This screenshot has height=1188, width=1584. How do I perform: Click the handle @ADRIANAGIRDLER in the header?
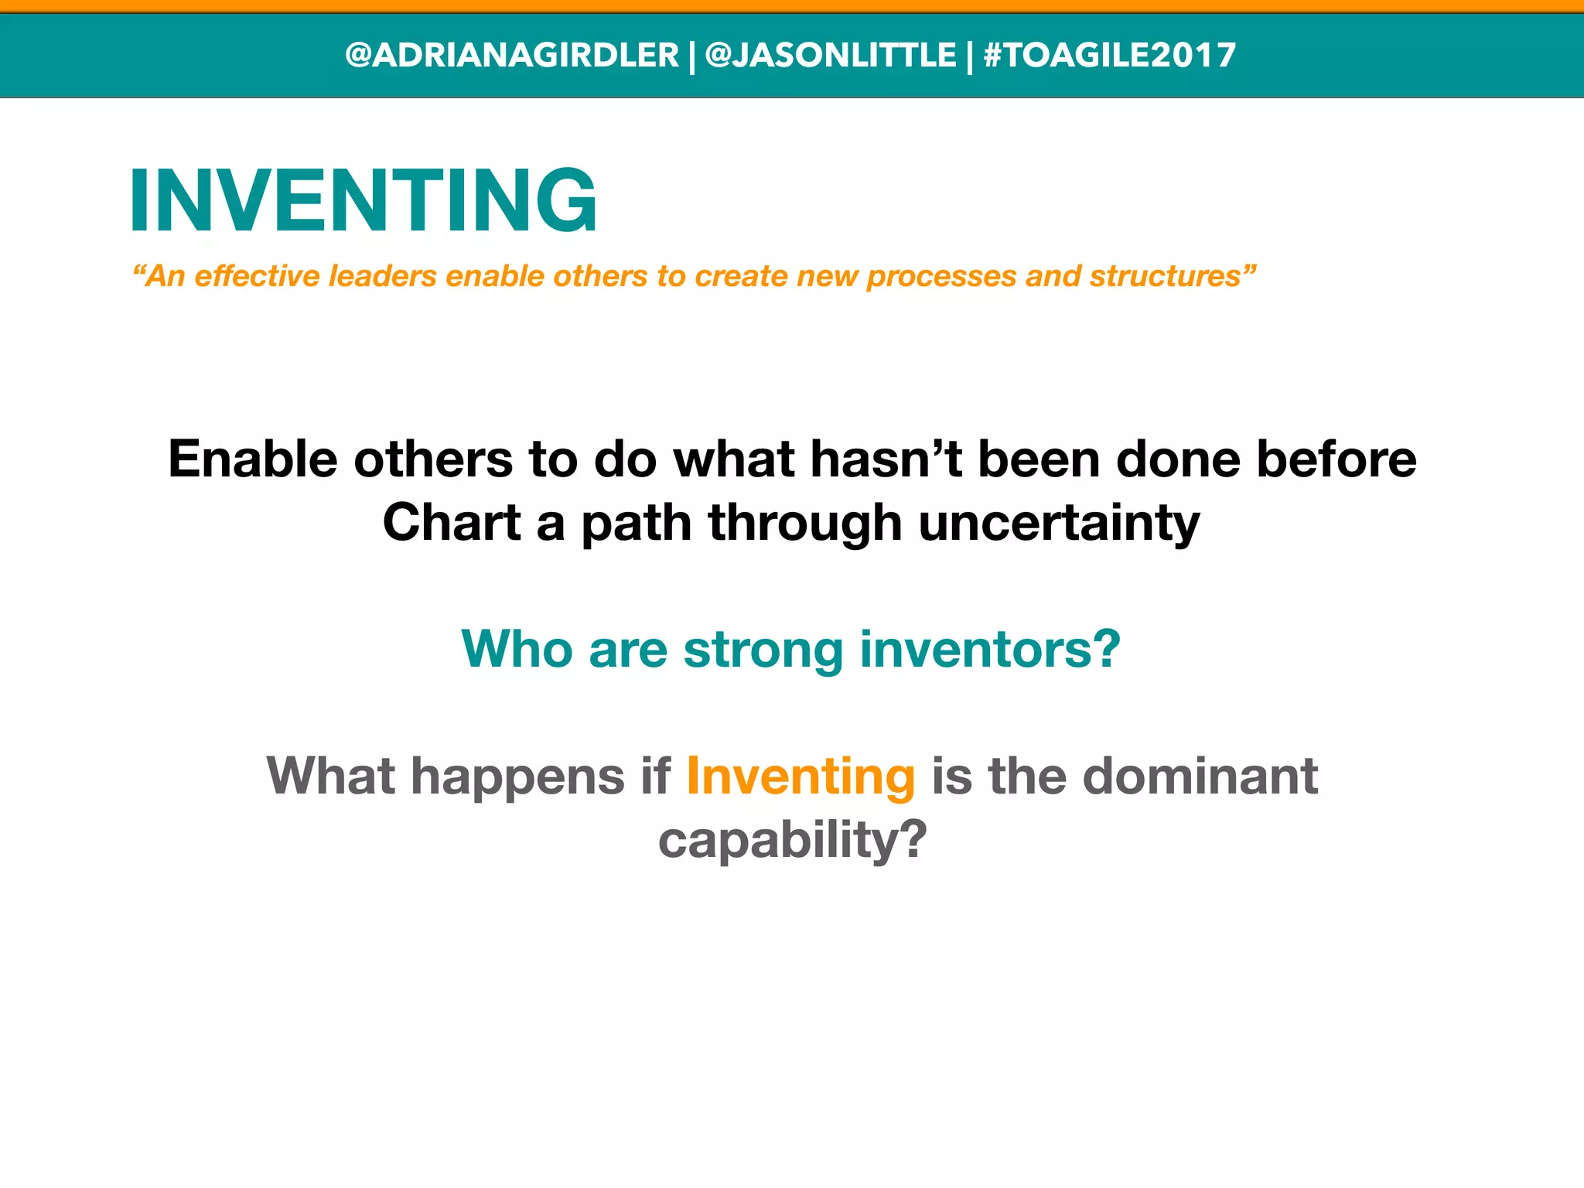click(511, 56)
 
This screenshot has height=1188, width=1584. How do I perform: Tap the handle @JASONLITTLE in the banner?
click(831, 56)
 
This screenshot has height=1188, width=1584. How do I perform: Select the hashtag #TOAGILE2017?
click(1109, 56)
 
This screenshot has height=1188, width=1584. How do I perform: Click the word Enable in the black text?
click(252, 459)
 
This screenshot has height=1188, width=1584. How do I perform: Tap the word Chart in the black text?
click(451, 522)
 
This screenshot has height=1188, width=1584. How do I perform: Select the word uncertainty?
click(1059, 524)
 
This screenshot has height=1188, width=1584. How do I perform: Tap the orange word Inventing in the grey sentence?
click(801, 776)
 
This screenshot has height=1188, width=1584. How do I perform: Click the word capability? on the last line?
click(792, 841)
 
